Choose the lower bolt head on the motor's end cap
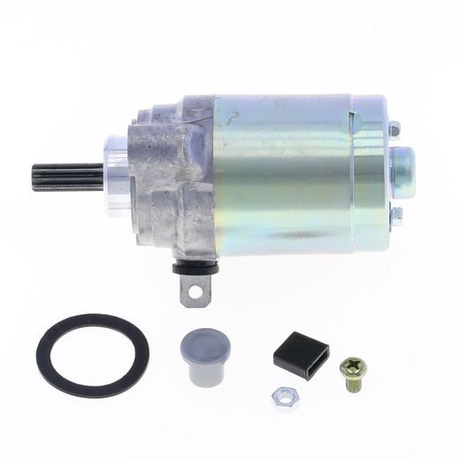tap(395, 211)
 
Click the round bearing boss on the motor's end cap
tap(402, 166)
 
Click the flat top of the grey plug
tap(202, 341)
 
